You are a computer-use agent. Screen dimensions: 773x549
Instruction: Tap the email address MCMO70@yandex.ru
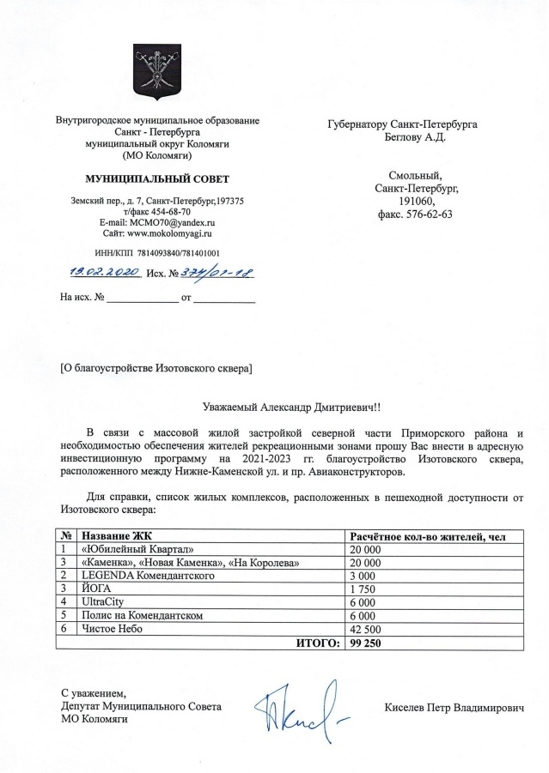[156, 221]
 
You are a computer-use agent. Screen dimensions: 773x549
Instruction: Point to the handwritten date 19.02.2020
[101, 272]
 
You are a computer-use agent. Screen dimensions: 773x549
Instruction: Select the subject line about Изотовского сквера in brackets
[155, 369]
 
